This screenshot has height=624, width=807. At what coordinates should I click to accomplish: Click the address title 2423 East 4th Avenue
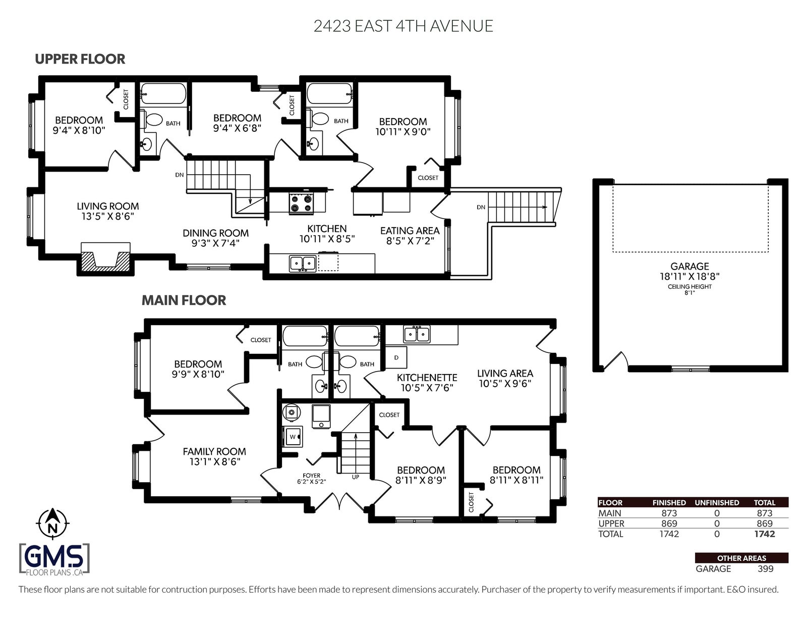(x=403, y=26)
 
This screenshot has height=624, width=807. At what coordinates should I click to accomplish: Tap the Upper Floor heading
(x=80, y=59)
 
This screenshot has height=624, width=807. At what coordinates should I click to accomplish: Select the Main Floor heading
(x=184, y=300)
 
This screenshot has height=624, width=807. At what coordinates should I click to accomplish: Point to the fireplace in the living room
(x=105, y=258)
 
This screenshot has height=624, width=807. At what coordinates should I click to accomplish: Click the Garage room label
(x=689, y=266)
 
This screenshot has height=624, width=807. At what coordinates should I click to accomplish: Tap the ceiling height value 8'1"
(x=689, y=293)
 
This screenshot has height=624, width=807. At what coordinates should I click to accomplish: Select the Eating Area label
(x=410, y=231)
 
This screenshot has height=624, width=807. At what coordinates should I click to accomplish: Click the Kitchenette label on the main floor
(x=427, y=378)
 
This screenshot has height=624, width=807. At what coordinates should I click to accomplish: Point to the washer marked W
(x=293, y=437)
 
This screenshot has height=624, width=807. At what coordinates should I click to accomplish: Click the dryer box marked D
(x=396, y=357)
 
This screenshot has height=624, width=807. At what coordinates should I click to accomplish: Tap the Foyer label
(x=311, y=476)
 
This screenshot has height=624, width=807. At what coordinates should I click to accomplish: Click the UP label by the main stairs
(x=356, y=477)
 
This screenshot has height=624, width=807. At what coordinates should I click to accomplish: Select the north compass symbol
(x=52, y=524)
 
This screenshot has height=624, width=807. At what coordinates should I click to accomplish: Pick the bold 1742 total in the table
(x=764, y=534)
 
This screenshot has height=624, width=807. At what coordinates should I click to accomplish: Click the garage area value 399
(x=765, y=569)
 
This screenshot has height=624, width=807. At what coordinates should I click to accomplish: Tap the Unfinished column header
(x=717, y=503)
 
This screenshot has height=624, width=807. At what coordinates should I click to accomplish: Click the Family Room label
(x=214, y=451)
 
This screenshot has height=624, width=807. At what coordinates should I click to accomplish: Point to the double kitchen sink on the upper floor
(x=302, y=264)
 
